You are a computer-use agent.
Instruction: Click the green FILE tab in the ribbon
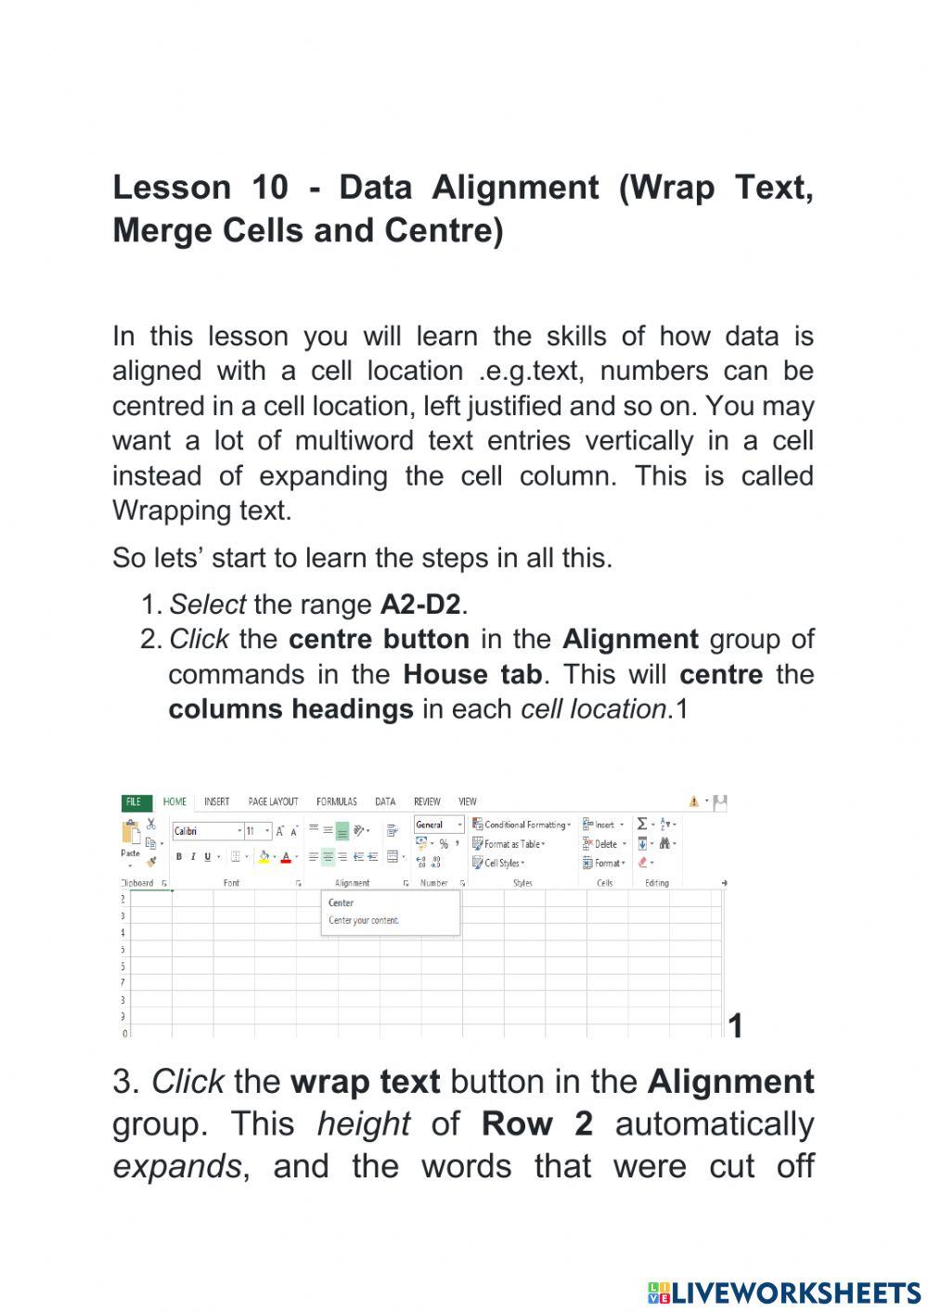134,801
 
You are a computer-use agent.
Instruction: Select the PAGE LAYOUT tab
273,801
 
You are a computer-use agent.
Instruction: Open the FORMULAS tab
336,801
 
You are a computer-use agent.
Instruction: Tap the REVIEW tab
427,801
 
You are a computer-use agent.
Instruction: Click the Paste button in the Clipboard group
131,839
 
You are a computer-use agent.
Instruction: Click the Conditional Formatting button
522,825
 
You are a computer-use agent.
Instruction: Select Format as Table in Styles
509,844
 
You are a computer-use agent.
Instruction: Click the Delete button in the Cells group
604,844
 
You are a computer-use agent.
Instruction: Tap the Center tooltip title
341,903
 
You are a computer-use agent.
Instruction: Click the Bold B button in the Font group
179,857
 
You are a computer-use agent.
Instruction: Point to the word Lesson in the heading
172,188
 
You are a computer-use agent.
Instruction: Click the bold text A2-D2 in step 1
420,604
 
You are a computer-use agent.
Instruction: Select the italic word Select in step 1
207,604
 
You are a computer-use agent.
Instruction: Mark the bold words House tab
472,674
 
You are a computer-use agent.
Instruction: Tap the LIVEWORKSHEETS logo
784,1293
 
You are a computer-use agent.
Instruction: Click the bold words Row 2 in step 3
536,1124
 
